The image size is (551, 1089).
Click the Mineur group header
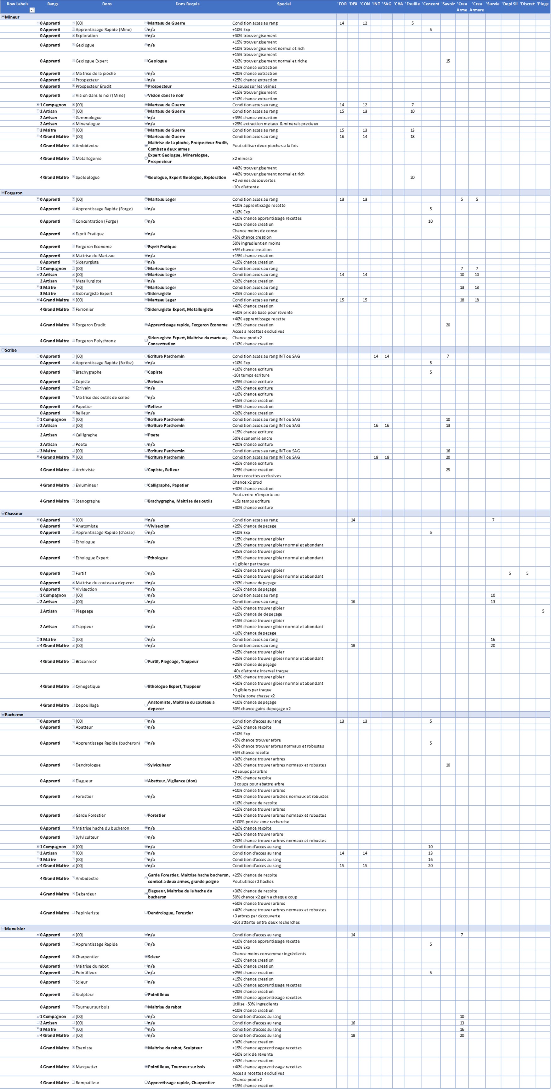12,17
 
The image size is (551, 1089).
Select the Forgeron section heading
14,193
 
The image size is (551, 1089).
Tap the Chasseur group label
14,514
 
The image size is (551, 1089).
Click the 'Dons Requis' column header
187,4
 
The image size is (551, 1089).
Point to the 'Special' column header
284,4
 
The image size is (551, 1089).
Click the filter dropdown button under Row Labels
32,10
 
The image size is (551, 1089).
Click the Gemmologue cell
88,118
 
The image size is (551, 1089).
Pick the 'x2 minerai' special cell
242,158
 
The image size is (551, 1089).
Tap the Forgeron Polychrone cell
95,341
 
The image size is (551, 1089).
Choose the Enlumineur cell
87,485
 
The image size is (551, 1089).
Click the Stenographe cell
88,501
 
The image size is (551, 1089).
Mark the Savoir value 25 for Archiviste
448,470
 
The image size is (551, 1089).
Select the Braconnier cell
86,662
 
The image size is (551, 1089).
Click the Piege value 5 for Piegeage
543,611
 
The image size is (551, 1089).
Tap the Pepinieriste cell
87,913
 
